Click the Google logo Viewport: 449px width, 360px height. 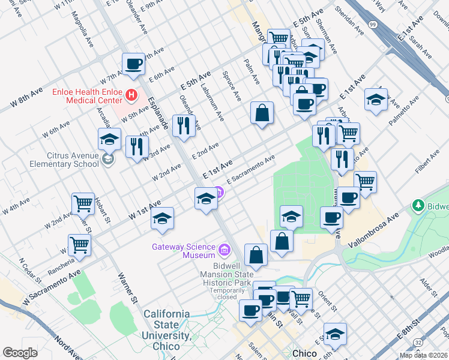point(20,353)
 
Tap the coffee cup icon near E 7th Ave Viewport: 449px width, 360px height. point(133,64)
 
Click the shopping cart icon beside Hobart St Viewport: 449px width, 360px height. point(83,203)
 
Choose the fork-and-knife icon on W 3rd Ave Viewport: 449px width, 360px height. point(137,146)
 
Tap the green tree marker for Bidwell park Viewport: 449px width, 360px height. point(418,206)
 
